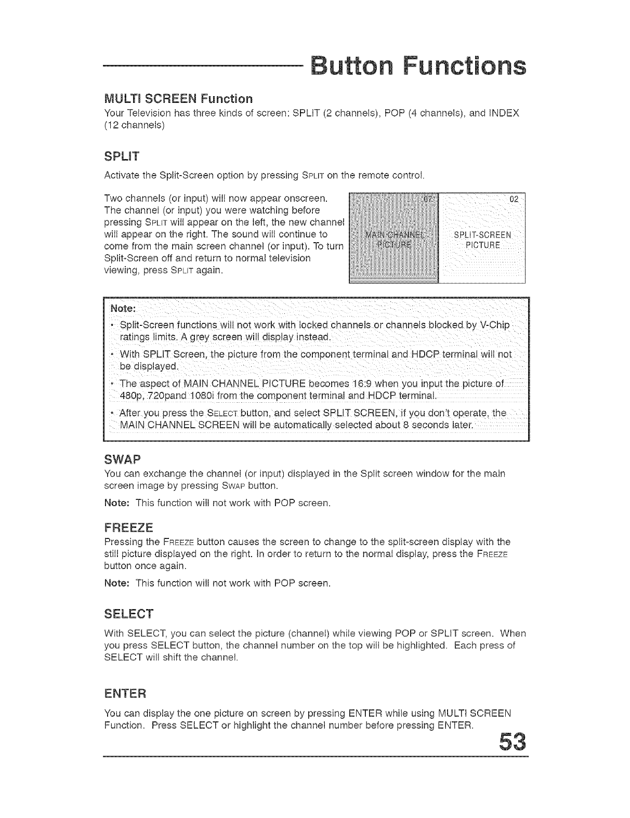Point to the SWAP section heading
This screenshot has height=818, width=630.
[123, 459]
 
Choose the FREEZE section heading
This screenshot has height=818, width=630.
[129, 528]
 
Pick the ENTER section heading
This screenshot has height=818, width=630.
[126, 693]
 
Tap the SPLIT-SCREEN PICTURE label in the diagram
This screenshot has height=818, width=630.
[482, 239]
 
